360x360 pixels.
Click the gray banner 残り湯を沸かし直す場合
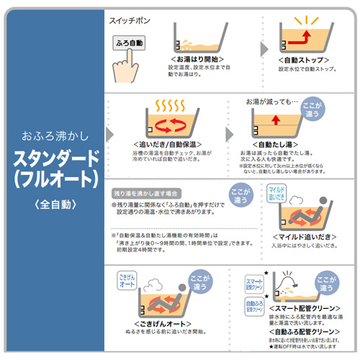point(147,194)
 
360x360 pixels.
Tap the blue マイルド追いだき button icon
point(277,193)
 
